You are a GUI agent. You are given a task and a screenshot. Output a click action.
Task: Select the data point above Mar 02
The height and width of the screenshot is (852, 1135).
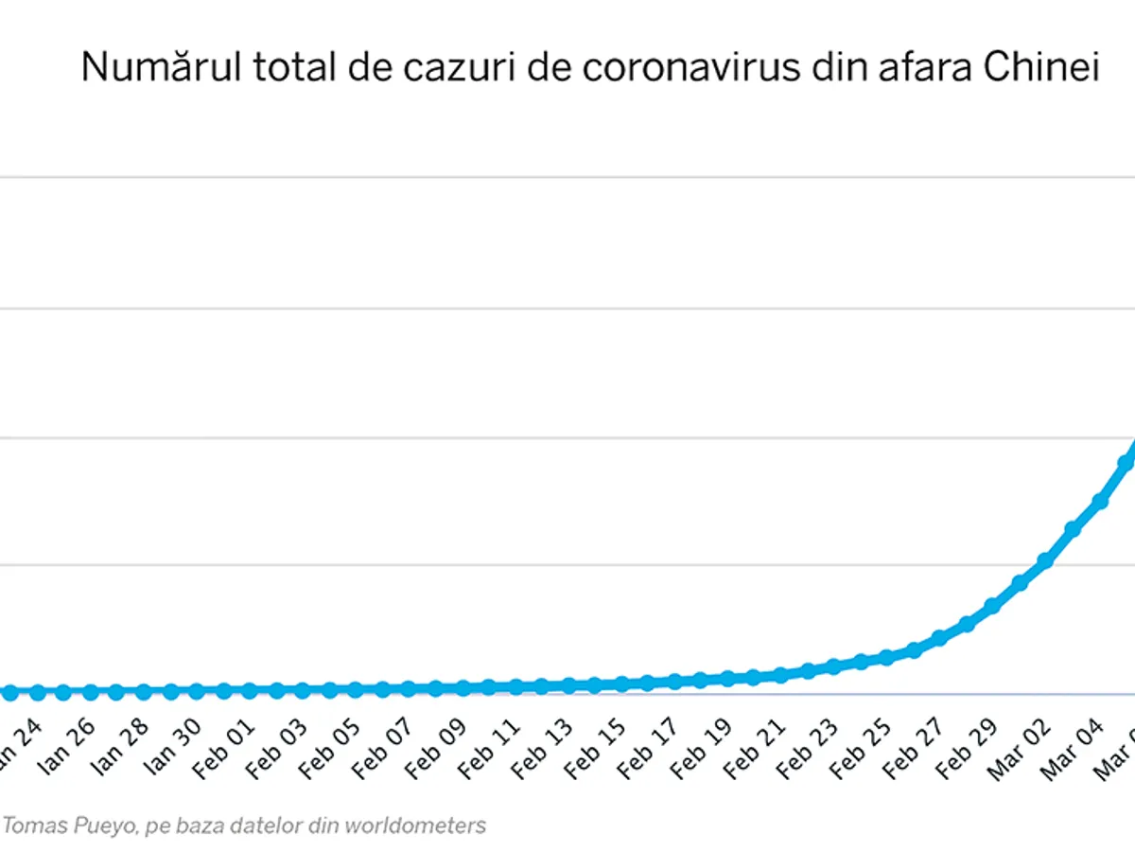[1046, 560]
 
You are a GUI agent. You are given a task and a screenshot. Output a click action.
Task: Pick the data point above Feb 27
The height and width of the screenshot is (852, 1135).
[940, 638]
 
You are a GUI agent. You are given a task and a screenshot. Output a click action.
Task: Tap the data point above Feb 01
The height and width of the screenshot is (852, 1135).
[250, 691]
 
